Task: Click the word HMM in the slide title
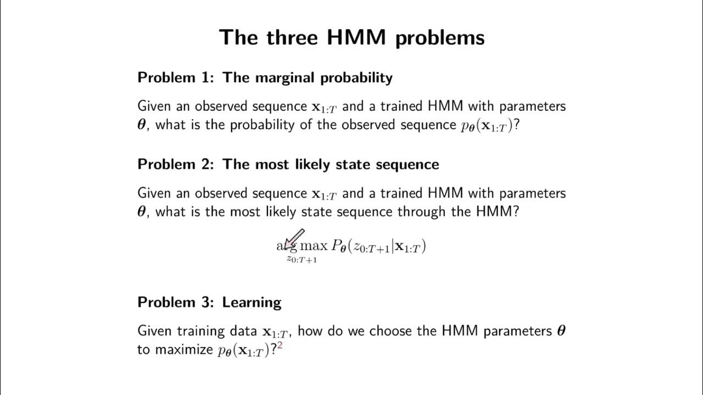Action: pos(356,38)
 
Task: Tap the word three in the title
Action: pos(292,38)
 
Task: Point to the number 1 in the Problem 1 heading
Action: pos(208,78)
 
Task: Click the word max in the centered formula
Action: pos(313,246)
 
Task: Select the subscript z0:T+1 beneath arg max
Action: pos(302,259)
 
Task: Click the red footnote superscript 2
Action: pos(280,346)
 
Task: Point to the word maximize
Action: pos(185,350)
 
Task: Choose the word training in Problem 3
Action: pos(197,331)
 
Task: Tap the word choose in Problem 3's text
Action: pos(389,331)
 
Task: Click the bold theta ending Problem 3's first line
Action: pos(561,331)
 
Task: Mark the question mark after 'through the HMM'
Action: pos(515,212)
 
